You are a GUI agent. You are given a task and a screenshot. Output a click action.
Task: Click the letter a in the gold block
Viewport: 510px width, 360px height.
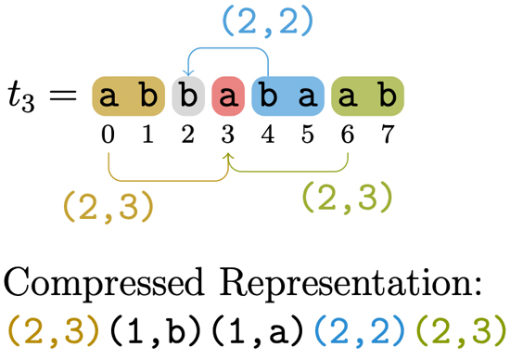(x=109, y=96)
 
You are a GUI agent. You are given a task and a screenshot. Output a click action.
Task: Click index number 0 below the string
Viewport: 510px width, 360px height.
(x=109, y=136)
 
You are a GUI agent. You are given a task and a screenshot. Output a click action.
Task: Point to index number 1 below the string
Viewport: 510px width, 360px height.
(x=148, y=136)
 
